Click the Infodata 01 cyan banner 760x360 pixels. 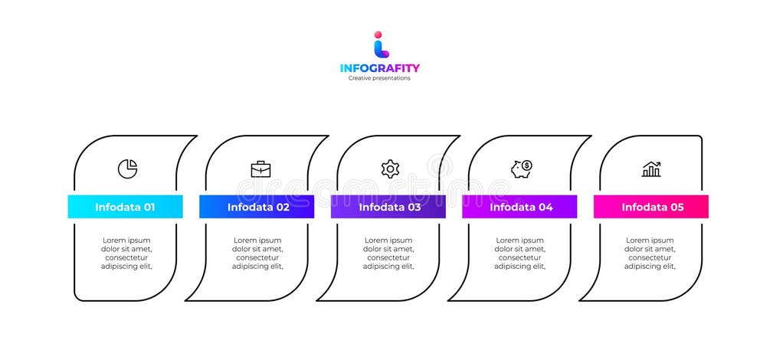click(125, 207)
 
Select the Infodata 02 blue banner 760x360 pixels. click(257, 207)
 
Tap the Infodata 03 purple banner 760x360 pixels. click(388, 207)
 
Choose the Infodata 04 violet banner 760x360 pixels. click(519, 207)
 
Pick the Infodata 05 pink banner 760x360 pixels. click(651, 207)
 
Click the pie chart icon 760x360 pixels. click(127, 169)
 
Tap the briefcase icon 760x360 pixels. click(260, 169)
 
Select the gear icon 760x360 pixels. click(390, 169)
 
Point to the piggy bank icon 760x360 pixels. click(522, 168)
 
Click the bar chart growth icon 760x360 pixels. click(651, 169)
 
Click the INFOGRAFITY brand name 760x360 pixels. click(380, 68)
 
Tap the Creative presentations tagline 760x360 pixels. click(379, 78)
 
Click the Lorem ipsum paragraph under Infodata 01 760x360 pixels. click(127, 254)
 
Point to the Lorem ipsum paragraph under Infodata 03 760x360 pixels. click(388, 254)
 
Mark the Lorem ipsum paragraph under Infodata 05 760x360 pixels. click(650, 254)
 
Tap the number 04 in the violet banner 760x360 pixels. click(545, 207)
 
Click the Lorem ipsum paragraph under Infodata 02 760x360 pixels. click(257, 254)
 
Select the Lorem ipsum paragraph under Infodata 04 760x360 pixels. click(520, 254)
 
